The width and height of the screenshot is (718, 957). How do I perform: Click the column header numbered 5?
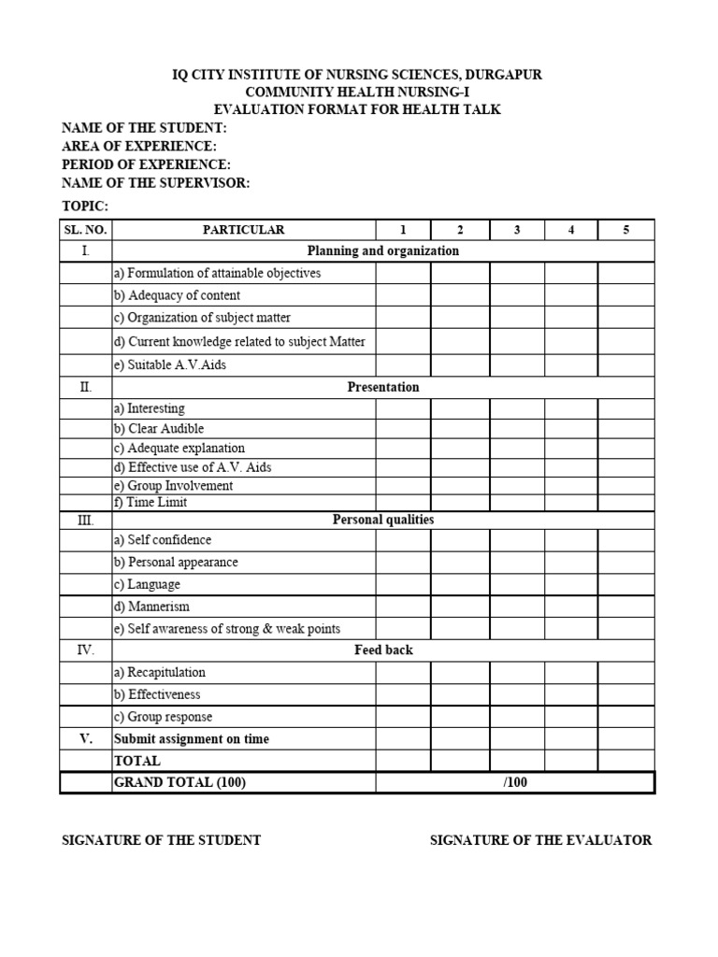click(x=625, y=230)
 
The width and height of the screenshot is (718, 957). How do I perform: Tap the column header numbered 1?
click(x=403, y=230)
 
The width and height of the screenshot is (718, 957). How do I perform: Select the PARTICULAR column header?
click(x=243, y=230)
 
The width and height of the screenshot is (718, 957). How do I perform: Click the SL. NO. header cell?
click(x=86, y=230)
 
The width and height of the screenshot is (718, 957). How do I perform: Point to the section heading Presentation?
click(x=383, y=387)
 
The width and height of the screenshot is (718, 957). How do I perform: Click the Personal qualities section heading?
click(x=383, y=520)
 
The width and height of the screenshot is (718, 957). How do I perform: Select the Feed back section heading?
click(x=383, y=650)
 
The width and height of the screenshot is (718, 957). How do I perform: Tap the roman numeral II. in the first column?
click(x=86, y=387)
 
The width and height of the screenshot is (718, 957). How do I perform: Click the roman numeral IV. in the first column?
click(x=86, y=650)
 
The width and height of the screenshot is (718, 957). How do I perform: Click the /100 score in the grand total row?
click(x=515, y=783)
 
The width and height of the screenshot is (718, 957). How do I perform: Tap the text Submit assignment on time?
click(x=192, y=739)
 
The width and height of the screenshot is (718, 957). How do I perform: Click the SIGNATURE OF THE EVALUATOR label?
click(x=540, y=840)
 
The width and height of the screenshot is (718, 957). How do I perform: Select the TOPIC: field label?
click(x=85, y=206)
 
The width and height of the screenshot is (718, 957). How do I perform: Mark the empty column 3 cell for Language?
click(x=517, y=585)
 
